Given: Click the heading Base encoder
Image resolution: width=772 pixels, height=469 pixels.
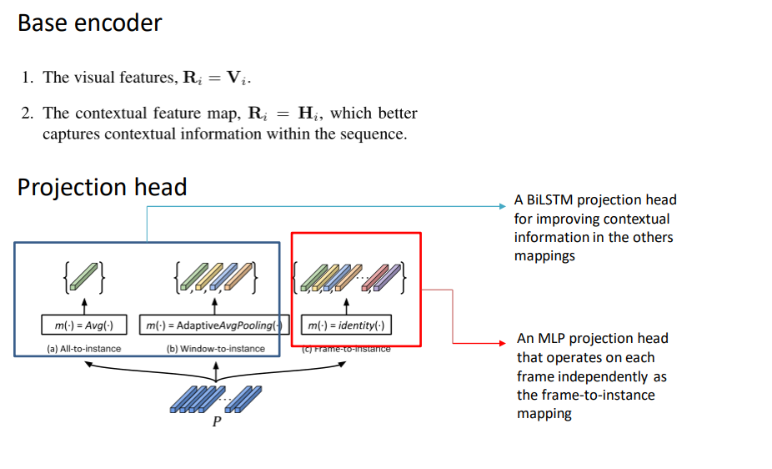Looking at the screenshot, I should click(x=89, y=23).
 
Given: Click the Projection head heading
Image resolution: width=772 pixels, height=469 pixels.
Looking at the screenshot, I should click(x=102, y=188).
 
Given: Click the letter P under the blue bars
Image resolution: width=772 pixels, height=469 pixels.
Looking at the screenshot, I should click(x=217, y=422).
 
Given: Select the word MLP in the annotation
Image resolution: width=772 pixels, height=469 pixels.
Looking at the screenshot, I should click(x=554, y=339).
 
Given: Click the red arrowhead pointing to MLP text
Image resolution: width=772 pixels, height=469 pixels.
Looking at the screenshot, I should click(x=501, y=343).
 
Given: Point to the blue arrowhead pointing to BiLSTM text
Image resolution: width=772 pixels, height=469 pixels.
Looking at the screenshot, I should click(x=501, y=204).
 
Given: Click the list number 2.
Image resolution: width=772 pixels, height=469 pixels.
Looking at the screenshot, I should click(x=27, y=113).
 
